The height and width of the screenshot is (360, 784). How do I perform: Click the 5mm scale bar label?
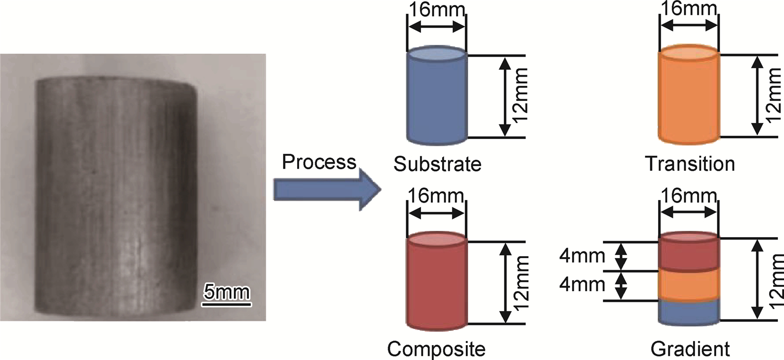225,292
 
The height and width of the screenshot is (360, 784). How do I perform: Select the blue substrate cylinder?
436,98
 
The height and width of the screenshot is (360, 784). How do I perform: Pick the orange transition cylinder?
688,98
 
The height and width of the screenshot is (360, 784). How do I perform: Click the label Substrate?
437,165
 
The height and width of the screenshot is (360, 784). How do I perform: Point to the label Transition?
690,165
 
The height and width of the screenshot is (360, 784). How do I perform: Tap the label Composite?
436,349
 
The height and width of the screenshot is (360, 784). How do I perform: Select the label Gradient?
689,349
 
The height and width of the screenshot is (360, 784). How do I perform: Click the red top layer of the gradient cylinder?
688,255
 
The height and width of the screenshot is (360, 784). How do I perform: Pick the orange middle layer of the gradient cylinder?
688,284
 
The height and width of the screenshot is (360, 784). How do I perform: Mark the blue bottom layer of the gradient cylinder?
688,312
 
